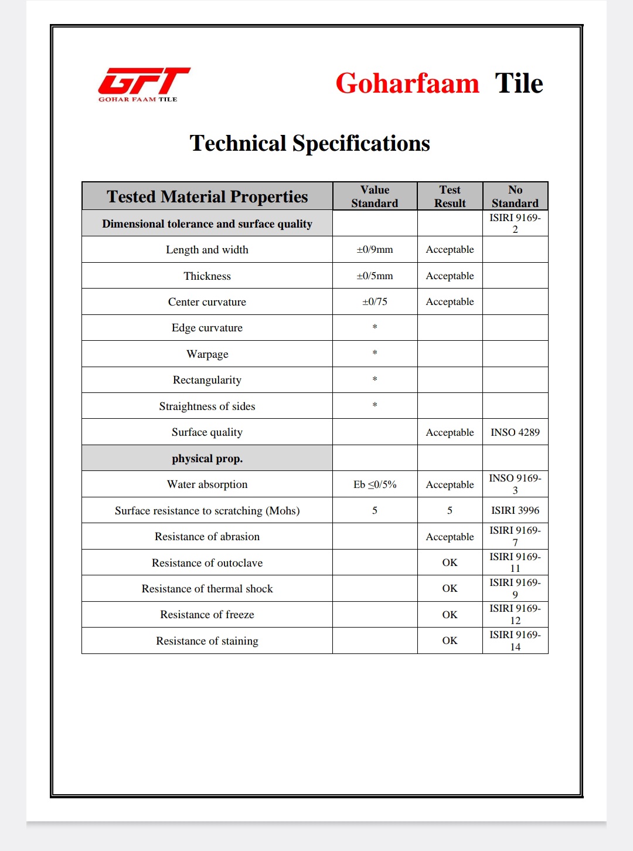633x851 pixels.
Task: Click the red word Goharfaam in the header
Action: (x=407, y=83)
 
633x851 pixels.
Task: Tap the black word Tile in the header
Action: (x=519, y=83)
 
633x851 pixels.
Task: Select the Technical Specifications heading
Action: (x=309, y=143)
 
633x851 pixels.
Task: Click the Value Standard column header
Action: (x=375, y=196)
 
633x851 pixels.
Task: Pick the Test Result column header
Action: (x=450, y=196)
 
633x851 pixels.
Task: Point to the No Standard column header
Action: (x=515, y=196)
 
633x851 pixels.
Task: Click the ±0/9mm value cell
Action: (x=375, y=249)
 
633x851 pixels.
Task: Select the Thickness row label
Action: (x=207, y=276)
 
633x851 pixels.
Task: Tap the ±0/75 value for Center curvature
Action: (x=375, y=301)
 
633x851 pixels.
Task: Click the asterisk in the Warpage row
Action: (x=375, y=353)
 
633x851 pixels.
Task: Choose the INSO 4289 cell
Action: (x=515, y=432)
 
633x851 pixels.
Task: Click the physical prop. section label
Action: (x=207, y=459)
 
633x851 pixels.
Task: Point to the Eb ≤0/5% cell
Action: (x=375, y=484)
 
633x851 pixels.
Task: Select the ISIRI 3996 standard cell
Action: (x=515, y=510)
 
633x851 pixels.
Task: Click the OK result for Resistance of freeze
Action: (x=450, y=615)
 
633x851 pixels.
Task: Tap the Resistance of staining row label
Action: (x=207, y=641)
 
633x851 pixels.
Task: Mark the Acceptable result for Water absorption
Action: (x=450, y=484)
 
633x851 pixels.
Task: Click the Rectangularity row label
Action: (x=207, y=380)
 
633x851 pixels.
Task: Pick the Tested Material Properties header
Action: (x=207, y=196)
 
